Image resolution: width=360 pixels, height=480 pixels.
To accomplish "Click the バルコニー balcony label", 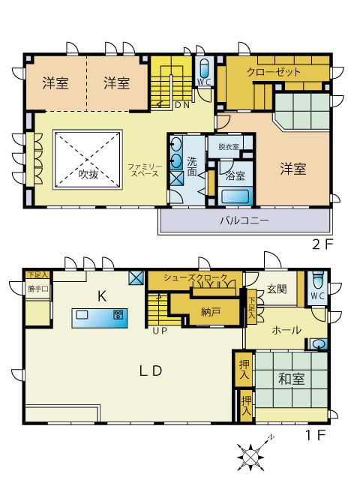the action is tap(244, 220).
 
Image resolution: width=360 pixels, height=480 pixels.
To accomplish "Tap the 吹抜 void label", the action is tap(88, 174).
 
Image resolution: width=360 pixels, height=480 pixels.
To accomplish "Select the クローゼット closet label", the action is tap(274, 72).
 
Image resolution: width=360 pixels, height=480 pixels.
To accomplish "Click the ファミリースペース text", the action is tap(145, 170).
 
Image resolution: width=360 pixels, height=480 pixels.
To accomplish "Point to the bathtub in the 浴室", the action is tap(235, 197).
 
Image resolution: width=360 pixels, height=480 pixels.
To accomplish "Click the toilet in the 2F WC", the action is tap(203, 68).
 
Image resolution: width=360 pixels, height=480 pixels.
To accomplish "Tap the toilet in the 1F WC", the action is tap(317, 280).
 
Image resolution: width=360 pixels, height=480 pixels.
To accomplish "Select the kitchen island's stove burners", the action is tap(118, 315).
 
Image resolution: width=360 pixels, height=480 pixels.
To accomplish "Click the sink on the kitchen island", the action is tap(82, 315).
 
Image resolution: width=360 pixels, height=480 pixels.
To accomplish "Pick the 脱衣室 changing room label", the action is tap(228, 147).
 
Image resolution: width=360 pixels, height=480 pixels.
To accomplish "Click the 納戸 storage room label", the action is tap(211, 313).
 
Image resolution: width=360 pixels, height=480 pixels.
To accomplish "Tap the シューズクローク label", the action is tap(196, 277).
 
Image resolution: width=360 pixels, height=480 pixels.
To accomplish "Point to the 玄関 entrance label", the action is tap(277, 289).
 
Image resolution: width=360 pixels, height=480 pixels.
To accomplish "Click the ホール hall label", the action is tap(286, 330).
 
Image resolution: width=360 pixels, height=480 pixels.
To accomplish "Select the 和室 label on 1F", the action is tap(292, 379).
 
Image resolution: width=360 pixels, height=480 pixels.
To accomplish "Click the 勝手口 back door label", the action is tap(37, 289).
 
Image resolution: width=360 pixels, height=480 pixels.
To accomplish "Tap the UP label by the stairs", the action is tap(160, 331).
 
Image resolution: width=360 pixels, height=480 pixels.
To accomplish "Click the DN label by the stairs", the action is tap(182, 105).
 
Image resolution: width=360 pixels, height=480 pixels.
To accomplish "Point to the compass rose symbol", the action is tap(251, 457).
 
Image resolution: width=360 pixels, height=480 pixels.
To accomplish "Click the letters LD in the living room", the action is tap(151, 371).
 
